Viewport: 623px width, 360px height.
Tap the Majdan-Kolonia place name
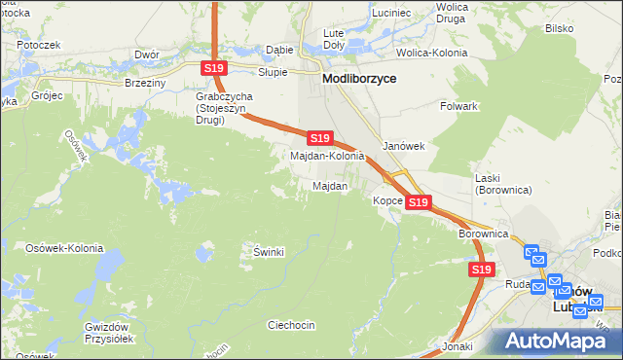click(x=328, y=156)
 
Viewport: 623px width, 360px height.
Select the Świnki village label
click(x=268, y=252)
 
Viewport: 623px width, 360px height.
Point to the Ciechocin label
click(x=290, y=325)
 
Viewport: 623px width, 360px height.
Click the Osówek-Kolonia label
click(x=64, y=248)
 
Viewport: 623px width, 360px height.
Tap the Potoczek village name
click(x=39, y=45)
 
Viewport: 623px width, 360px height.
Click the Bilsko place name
click(x=559, y=29)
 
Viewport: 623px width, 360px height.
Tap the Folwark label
click(x=458, y=105)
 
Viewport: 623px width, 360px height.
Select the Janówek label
click(x=403, y=146)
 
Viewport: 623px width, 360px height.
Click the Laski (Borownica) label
click(x=503, y=184)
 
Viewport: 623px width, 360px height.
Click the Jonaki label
click(x=457, y=346)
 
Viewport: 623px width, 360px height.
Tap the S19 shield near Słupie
click(x=215, y=67)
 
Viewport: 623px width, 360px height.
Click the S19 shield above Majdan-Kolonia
click(x=321, y=138)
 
